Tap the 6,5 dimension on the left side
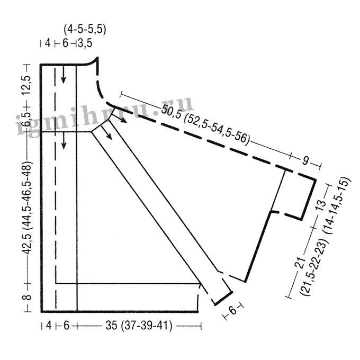point(26,119)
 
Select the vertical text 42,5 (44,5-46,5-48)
point(27,208)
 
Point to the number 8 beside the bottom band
point(27,298)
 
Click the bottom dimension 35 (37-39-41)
point(139,326)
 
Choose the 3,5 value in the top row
point(85,43)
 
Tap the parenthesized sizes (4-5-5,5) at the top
point(85,30)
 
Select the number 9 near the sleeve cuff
point(305,160)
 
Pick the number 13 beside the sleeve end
point(321,205)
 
